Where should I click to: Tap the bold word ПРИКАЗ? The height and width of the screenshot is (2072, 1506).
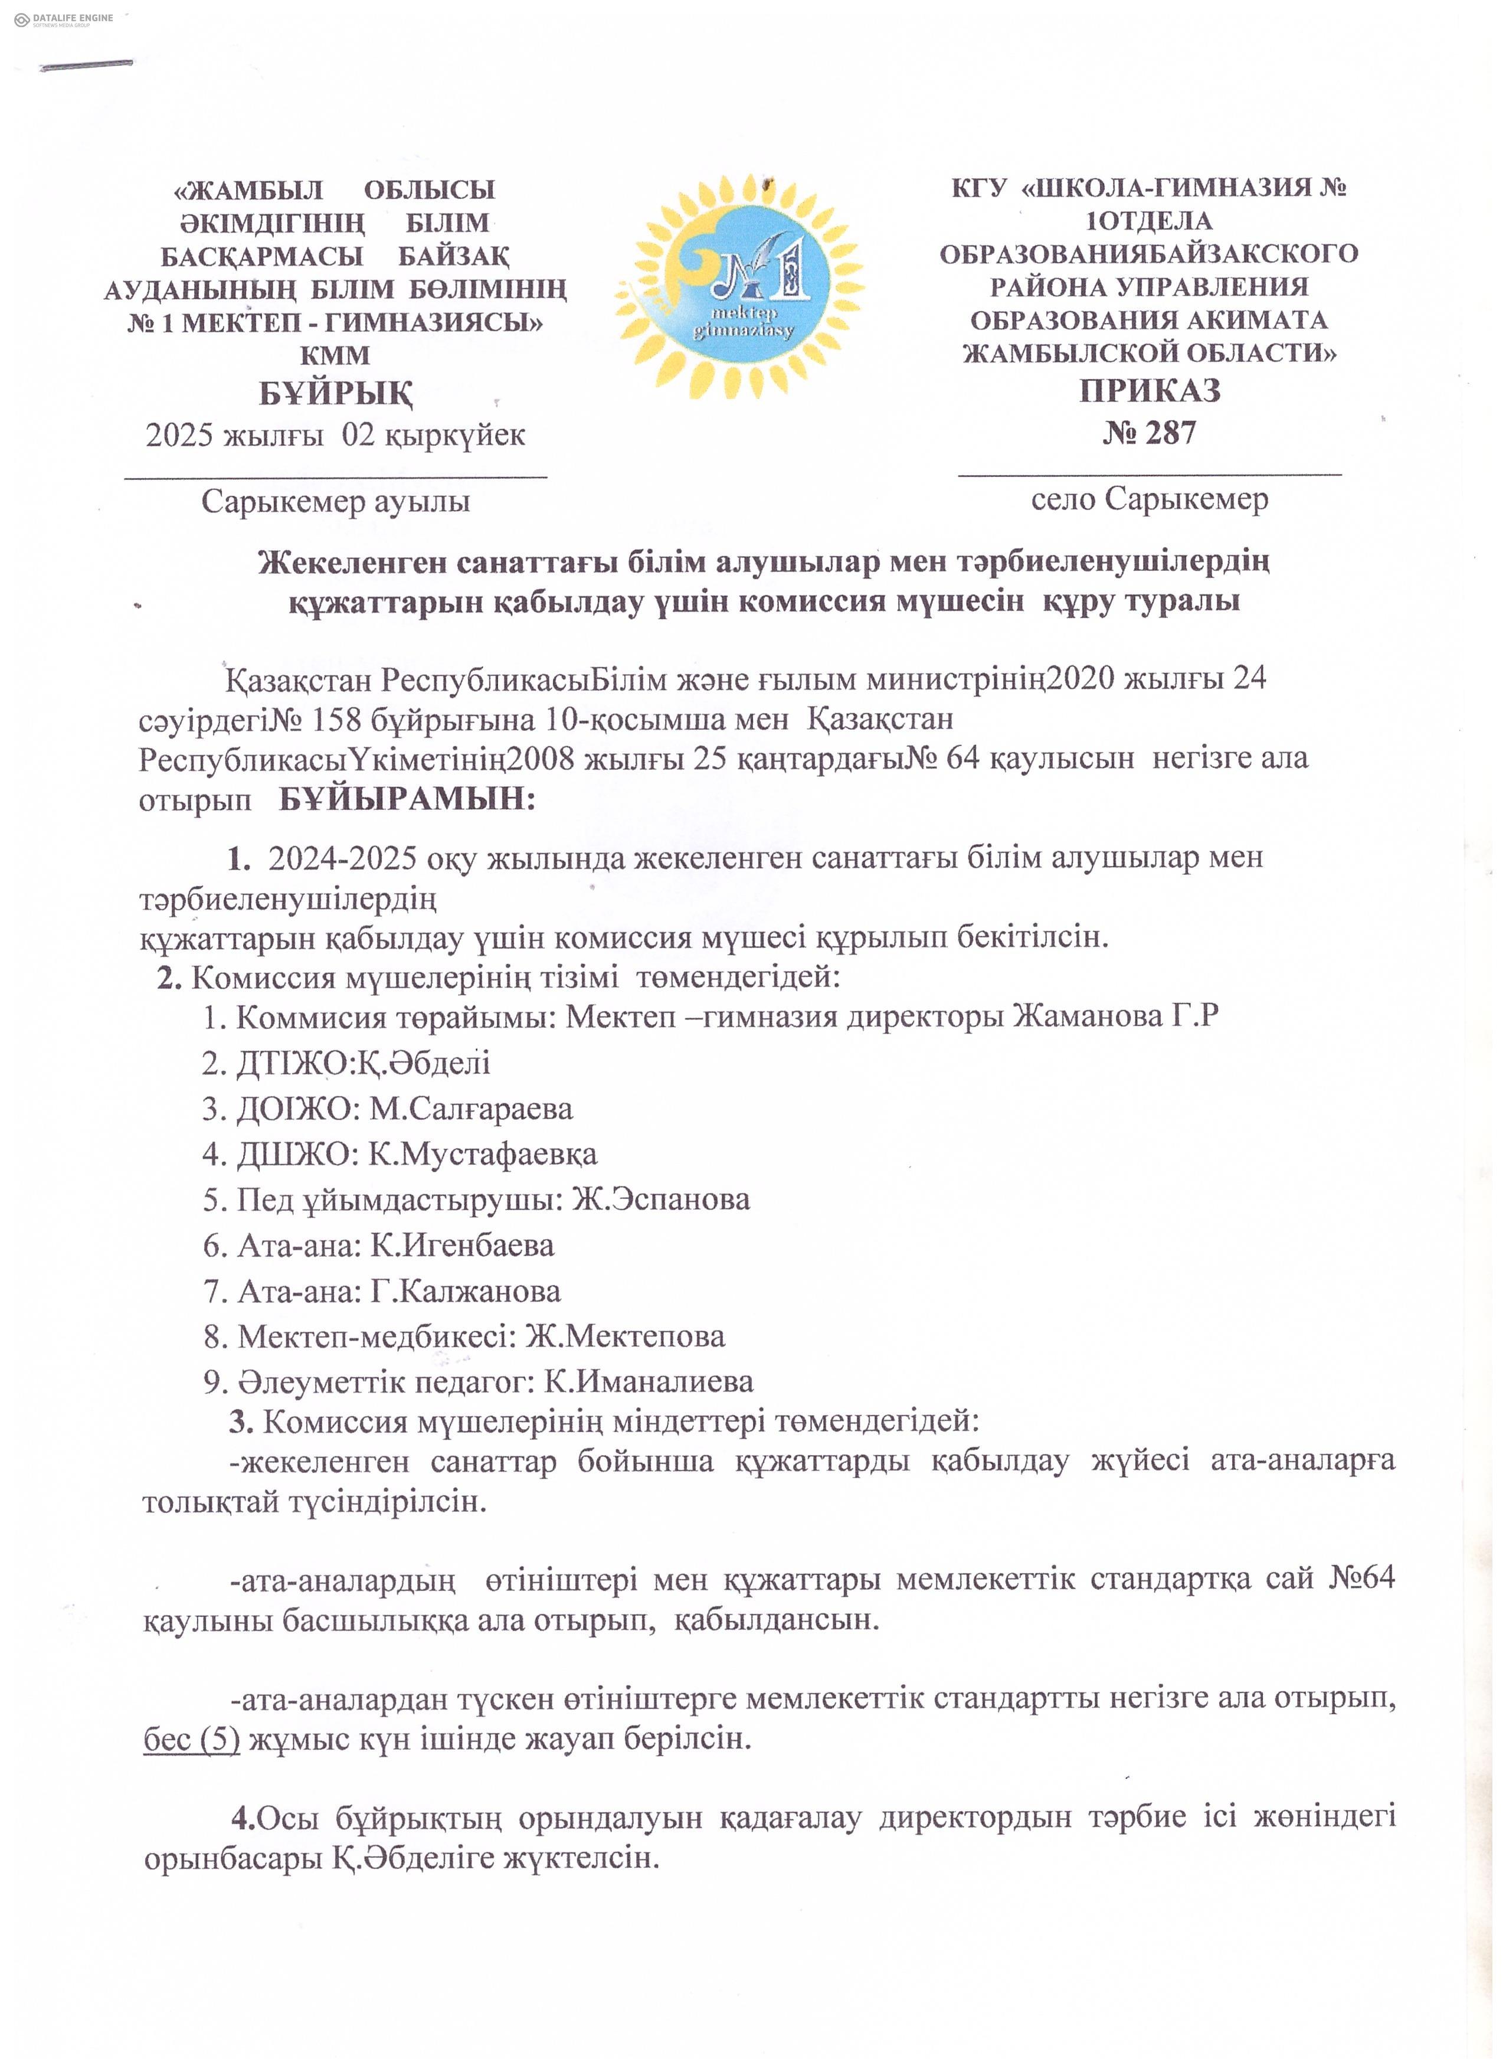(x=1150, y=391)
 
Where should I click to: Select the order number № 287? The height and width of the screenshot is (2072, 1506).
(x=1149, y=432)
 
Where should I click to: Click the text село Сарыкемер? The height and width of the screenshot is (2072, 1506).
(x=1150, y=499)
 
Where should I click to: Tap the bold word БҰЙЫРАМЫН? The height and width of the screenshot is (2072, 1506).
(x=407, y=799)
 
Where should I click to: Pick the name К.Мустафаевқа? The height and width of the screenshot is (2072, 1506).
(x=482, y=1155)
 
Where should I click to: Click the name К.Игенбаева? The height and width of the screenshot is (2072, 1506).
(x=462, y=1245)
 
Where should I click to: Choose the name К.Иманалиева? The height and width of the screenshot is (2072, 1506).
(x=649, y=1381)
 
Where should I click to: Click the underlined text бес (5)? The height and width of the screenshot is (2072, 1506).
(x=192, y=1738)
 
